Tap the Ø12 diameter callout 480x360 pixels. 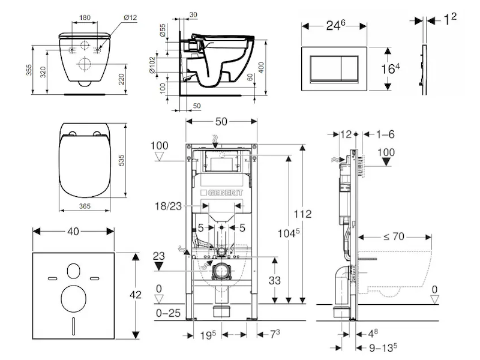[x=130, y=17]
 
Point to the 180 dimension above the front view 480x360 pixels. [x=85, y=17]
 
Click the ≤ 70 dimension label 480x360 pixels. [x=394, y=236]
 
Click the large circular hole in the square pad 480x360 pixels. [x=74, y=298]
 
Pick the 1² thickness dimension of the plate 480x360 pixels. [x=450, y=20]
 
